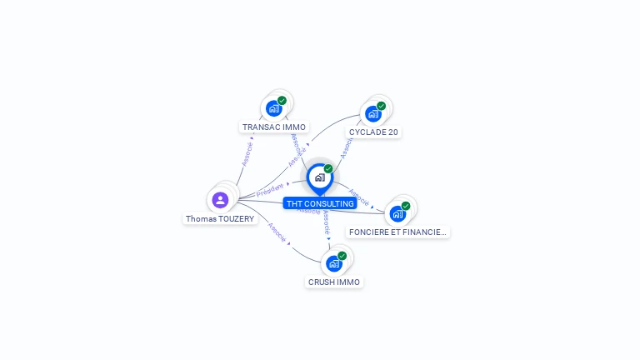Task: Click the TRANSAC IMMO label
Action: click(274, 127)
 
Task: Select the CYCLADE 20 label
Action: click(372, 132)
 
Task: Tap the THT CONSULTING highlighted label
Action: click(320, 203)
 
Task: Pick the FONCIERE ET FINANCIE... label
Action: click(398, 232)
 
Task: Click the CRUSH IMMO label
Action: click(334, 282)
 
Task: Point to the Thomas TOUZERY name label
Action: click(220, 218)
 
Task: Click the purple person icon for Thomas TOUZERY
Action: click(220, 199)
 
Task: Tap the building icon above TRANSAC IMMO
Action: click(273, 108)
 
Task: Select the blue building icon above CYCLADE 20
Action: click(372, 113)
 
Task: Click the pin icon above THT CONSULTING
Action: click(319, 177)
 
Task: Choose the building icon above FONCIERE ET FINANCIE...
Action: click(397, 213)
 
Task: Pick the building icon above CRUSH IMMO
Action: click(333, 263)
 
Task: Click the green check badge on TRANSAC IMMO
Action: click(282, 101)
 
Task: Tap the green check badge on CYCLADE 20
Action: click(381, 106)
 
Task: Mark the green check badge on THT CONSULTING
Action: click(328, 168)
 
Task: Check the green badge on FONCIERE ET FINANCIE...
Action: click(406, 206)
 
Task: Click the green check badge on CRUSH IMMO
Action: click(342, 256)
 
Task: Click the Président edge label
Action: click(270, 190)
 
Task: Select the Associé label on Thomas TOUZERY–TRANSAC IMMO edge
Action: click(247, 153)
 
